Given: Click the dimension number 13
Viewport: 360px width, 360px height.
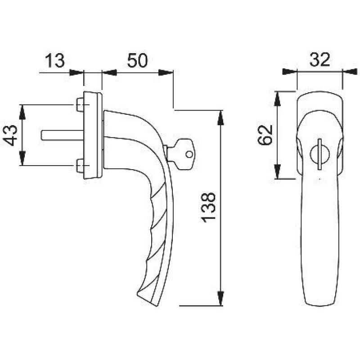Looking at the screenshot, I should [54, 61].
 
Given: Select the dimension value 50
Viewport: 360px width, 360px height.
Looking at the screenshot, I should [137, 61].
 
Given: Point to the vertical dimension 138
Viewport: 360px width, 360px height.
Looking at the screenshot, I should [210, 207].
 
